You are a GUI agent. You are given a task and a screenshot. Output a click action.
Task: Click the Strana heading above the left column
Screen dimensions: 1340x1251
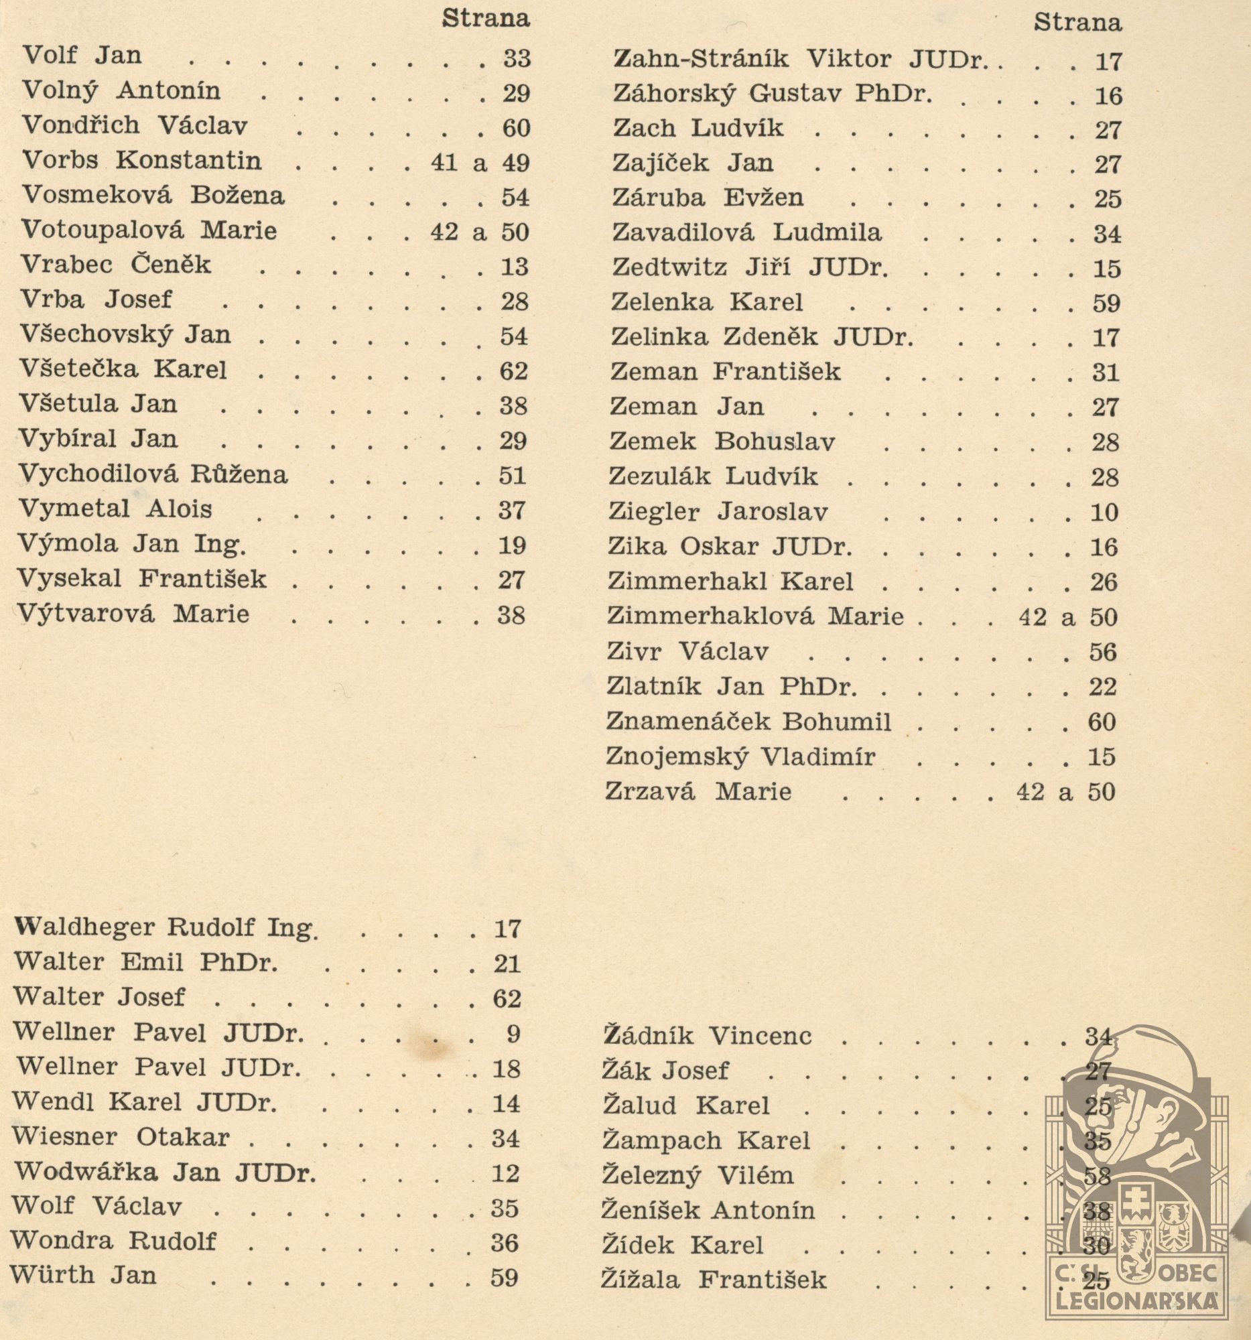485,19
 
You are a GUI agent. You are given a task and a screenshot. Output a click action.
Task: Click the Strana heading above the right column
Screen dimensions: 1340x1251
1077,23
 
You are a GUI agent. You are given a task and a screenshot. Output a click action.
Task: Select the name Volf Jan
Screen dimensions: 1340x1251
82,55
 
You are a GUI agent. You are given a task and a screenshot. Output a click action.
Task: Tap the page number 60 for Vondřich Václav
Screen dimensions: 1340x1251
517,128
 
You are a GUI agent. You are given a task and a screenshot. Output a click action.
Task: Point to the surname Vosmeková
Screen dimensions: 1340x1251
96,196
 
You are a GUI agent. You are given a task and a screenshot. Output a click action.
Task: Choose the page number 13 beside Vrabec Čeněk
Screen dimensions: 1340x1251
515,267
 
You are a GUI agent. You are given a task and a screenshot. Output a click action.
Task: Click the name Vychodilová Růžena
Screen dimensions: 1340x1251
153,474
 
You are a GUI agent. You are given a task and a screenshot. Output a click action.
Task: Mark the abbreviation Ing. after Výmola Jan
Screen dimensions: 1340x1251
220,544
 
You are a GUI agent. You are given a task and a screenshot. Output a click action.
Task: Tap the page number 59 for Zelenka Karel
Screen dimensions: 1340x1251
1106,304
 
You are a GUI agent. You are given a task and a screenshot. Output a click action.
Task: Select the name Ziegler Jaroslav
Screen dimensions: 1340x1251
718,512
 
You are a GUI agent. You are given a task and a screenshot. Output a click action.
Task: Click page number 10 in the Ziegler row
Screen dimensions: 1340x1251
1104,513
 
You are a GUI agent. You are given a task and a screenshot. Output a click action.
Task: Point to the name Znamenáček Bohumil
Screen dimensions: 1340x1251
748,721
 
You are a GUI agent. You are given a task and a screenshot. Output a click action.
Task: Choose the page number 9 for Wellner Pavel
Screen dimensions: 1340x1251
513,1033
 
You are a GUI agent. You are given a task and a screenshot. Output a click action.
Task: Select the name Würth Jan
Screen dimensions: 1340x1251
83,1275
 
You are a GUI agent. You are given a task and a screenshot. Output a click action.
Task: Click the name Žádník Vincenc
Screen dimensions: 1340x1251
706,1035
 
